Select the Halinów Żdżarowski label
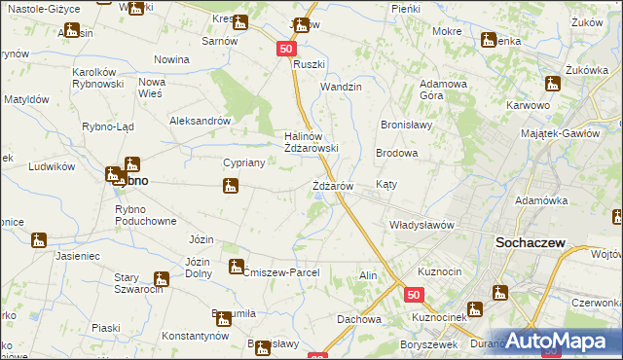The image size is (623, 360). tap(311, 142)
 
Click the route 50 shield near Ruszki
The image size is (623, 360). tap(284, 48)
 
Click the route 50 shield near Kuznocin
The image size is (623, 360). tap(415, 294)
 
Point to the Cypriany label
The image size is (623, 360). tap(239, 163)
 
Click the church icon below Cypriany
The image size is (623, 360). tap(230, 186)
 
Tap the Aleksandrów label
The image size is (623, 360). tap(199, 122)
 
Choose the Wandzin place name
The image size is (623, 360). tap(341, 87)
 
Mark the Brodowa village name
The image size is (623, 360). tap(397, 154)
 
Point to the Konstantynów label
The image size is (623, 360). tap(195, 335)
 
